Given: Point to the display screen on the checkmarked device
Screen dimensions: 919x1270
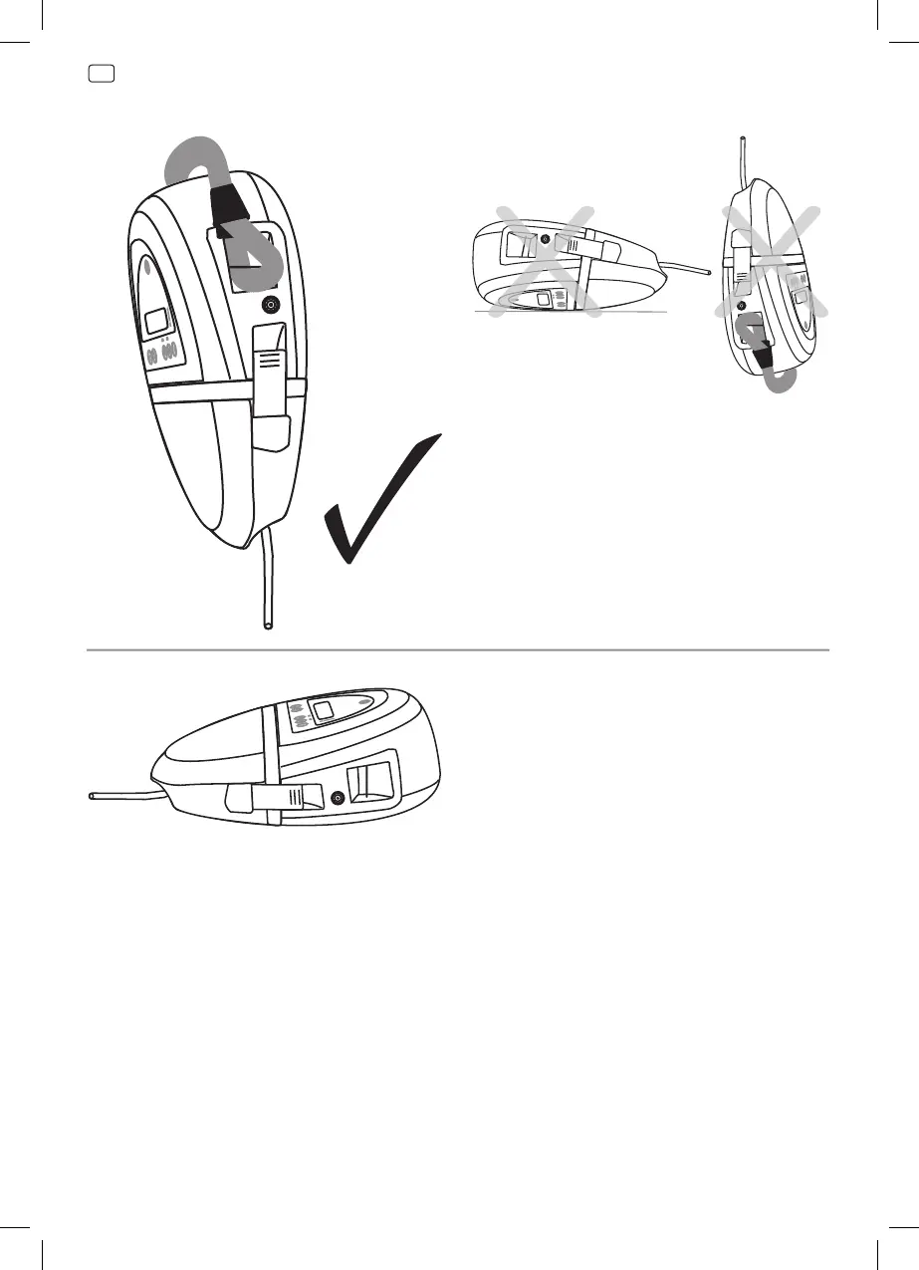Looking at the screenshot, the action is (156, 322).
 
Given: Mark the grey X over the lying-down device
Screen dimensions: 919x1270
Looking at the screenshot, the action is (547, 261).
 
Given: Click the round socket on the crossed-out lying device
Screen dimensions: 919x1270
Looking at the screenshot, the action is (545, 240).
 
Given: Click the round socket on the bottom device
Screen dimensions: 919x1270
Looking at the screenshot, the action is (339, 798).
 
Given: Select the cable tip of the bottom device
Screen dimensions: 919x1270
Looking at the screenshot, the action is (92, 797).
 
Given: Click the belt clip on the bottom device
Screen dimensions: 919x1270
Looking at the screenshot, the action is (274, 796).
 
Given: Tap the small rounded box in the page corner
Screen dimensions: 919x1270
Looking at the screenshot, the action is (102, 73).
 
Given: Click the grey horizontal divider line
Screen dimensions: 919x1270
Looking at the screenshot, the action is (458, 650).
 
